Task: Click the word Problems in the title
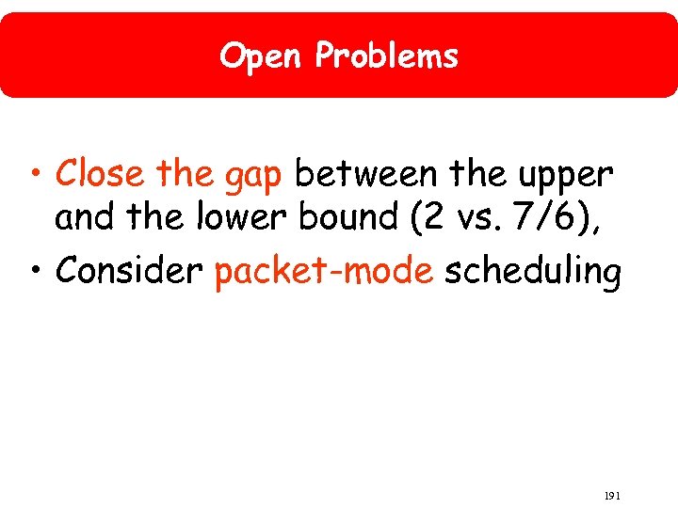pyautogui.click(x=387, y=57)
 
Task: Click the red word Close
pyautogui.click(x=100, y=174)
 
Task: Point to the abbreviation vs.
pyautogui.click(x=482, y=219)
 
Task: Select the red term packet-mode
pyautogui.click(x=324, y=272)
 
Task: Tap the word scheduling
pyautogui.click(x=532, y=272)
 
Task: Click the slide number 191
pyautogui.click(x=612, y=495)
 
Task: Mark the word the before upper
pyautogui.click(x=476, y=174)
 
